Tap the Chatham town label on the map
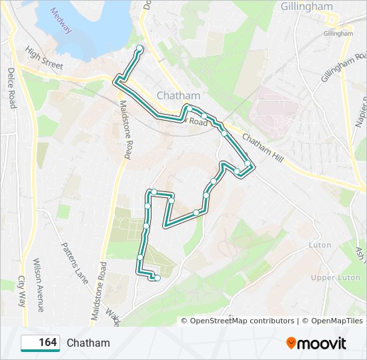tap(174, 95)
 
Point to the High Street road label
tap(44, 57)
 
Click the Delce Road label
tap(11, 87)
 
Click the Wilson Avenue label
tap(37, 285)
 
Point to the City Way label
tap(21, 291)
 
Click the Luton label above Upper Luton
tap(320, 245)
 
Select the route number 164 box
tap(40, 343)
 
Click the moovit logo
tap(316, 343)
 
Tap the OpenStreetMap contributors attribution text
tap(237, 321)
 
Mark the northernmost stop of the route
tap(139, 48)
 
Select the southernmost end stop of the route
tap(157, 278)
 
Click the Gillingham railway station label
tap(338, 33)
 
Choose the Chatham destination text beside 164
tap(88, 343)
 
